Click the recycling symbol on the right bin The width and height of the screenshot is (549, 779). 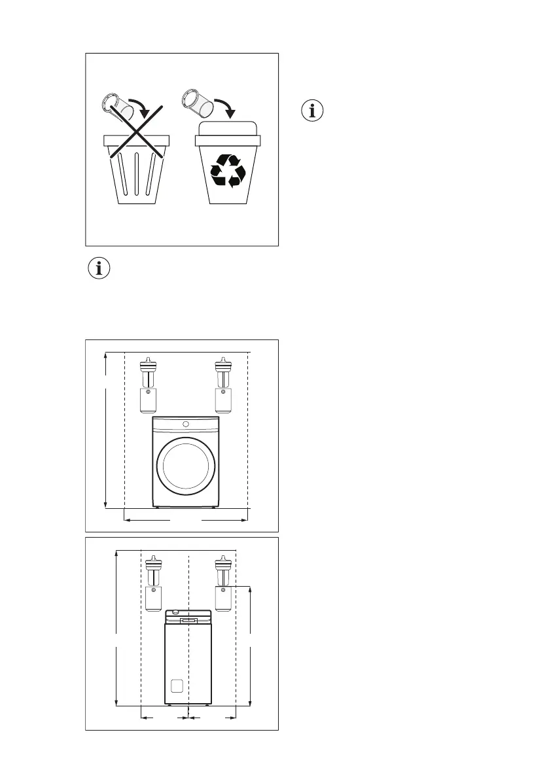227,171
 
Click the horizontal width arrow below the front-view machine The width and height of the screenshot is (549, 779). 186,521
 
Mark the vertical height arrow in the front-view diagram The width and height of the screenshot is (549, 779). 106,430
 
